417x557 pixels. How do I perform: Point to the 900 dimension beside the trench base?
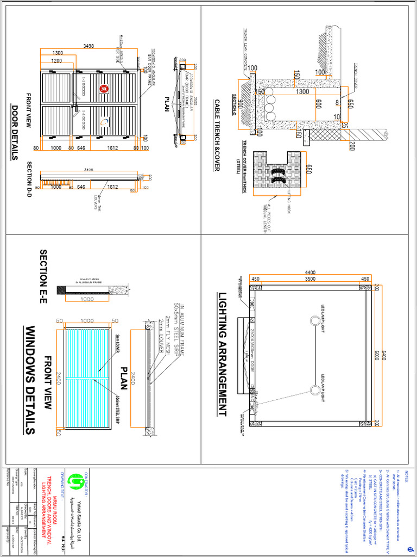click(x=241, y=105)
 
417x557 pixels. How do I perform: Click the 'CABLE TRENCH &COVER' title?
click(x=217, y=135)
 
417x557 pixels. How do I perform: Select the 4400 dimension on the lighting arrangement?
click(x=310, y=272)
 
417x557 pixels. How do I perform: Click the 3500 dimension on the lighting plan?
click(x=310, y=279)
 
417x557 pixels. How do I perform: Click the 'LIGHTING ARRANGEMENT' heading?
click(x=223, y=355)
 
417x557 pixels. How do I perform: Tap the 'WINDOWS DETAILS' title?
click(x=30, y=380)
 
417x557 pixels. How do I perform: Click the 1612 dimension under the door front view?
click(x=113, y=147)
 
